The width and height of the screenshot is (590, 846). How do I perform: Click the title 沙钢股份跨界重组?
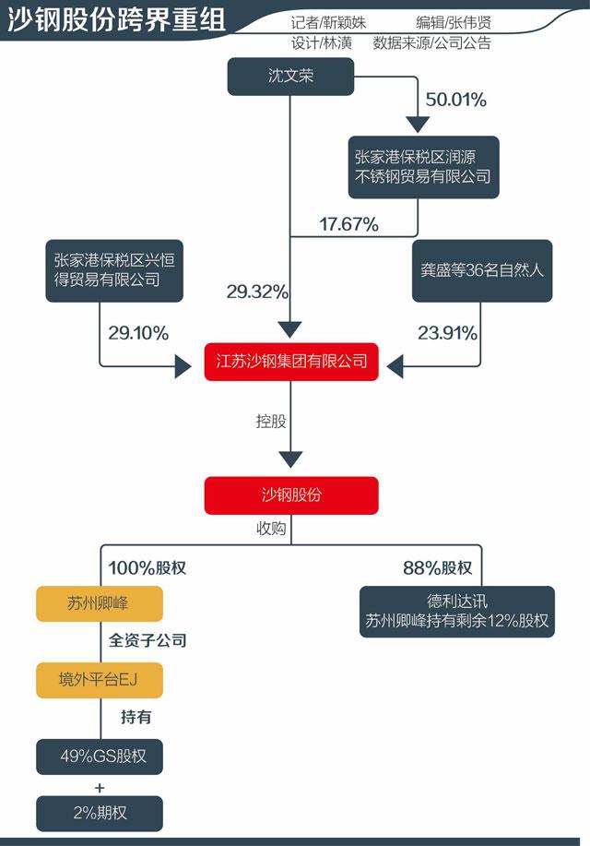click(x=116, y=21)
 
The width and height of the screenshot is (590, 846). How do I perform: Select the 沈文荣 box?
click(x=290, y=76)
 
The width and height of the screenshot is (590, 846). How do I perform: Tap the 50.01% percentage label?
click(x=455, y=100)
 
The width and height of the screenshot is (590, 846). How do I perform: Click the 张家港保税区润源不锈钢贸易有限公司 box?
click(x=422, y=166)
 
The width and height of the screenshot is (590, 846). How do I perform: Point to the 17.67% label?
click(x=348, y=223)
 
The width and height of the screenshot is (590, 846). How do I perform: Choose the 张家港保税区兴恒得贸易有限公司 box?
click(x=113, y=269)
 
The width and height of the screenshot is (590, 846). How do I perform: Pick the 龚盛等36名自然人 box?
click(x=481, y=271)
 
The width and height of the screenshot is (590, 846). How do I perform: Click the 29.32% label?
click(x=257, y=292)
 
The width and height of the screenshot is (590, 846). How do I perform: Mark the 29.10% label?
click(x=138, y=333)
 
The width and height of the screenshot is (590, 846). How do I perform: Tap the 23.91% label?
click(x=448, y=333)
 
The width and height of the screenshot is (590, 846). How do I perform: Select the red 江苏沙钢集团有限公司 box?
click(x=290, y=361)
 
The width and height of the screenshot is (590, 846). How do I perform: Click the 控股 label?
click(x=271, y=421)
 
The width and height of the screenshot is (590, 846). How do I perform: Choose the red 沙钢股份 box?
click(x=290, y=495)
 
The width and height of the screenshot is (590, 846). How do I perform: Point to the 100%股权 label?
click(x=147, y=567)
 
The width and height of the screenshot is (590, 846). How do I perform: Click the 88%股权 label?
click(x=437, y=567)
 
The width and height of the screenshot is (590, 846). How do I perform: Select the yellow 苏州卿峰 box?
click(x=100, y=604)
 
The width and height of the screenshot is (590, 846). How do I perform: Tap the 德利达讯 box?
click(x=456, y=611)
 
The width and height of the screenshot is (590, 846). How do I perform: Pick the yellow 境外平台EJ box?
click(x=100, y=681)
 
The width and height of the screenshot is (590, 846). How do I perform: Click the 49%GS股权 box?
click(x=100, y=757)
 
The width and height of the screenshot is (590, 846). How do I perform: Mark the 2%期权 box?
click(x=100, y=815)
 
